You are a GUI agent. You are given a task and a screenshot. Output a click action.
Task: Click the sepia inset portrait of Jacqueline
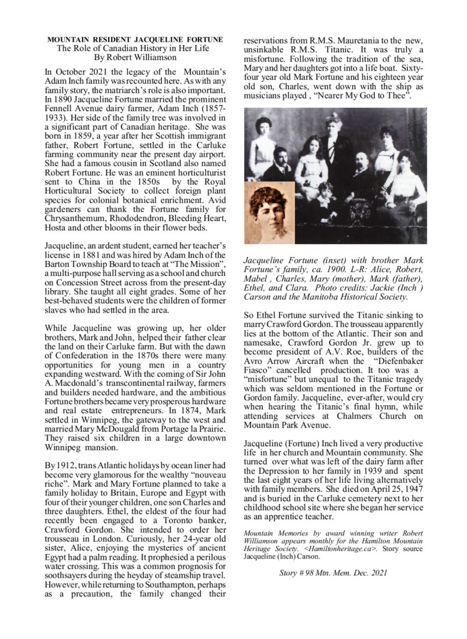269,212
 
